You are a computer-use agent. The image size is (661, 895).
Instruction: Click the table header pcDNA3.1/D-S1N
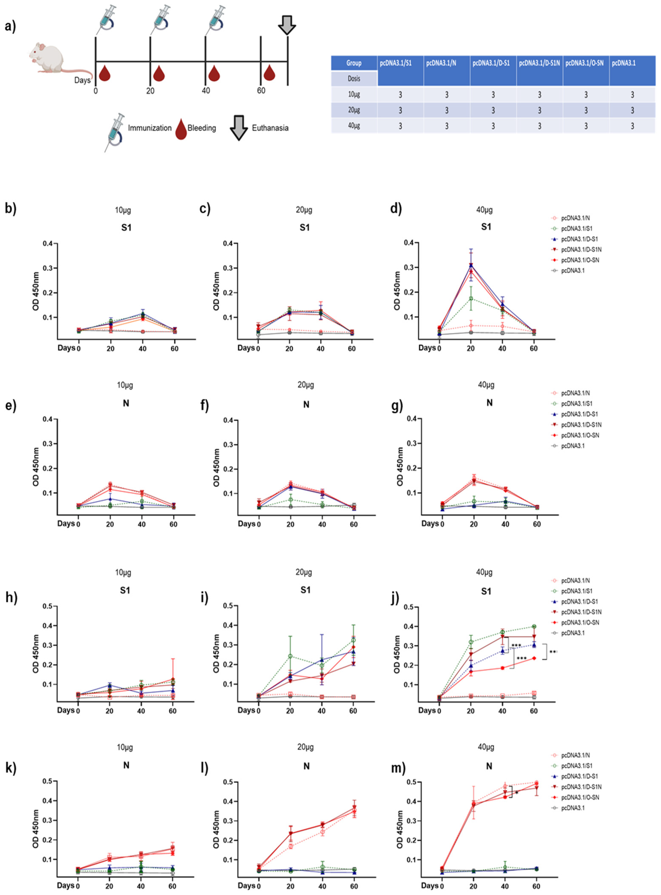(539, 63)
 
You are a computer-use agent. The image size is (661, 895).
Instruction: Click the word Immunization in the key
(150, 128)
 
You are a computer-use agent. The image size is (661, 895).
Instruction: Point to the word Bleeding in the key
(202, 128)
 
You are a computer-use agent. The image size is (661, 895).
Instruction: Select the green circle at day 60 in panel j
(534, 626)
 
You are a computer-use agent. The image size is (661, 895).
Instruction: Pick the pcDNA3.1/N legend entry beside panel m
(575, 755)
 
